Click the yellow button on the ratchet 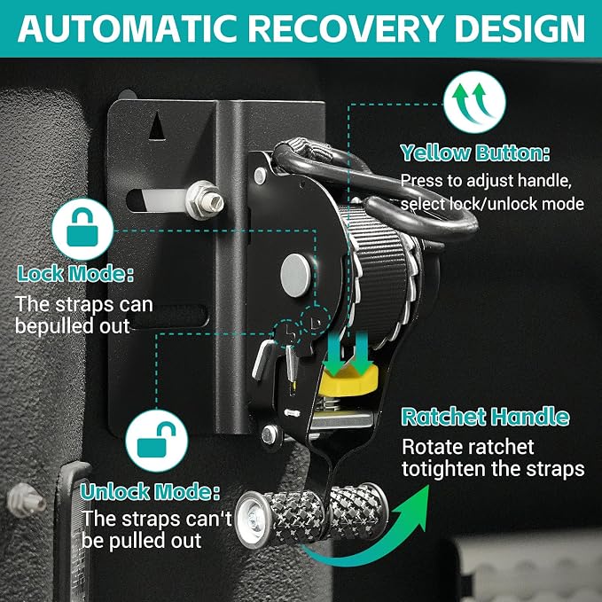pyautogui.click(x=348, y=381)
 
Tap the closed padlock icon pyautogui.click(x=82, y=229)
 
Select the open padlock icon pyautogui.click(x=157, y=440)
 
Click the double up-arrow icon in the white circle pyautogui.click(x=474, y=102)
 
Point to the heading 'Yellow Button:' pyautogui.click(x=475, y=153)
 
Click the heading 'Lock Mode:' pyautogui.click(x=75, y=274)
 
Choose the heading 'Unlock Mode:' pyautogui.click(x=150, y=492)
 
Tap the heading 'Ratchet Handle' pyautogui.click(x=485, y=417)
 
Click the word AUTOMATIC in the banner pyautogui.click(x=130, y=28)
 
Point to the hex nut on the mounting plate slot pyautogui.click(x=204, y=199)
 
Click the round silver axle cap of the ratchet pyautogui.click(x=295, y=275)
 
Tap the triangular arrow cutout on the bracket pyautogui.click(x=157, y=126)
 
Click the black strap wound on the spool pyautogui.click(x=379, y=277)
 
